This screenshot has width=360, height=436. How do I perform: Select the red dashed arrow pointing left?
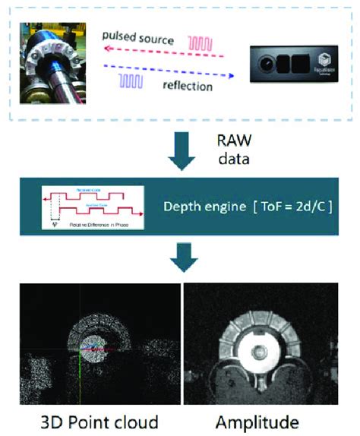coord(163,52)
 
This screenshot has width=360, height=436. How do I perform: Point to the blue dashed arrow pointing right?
coord(167,71)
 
